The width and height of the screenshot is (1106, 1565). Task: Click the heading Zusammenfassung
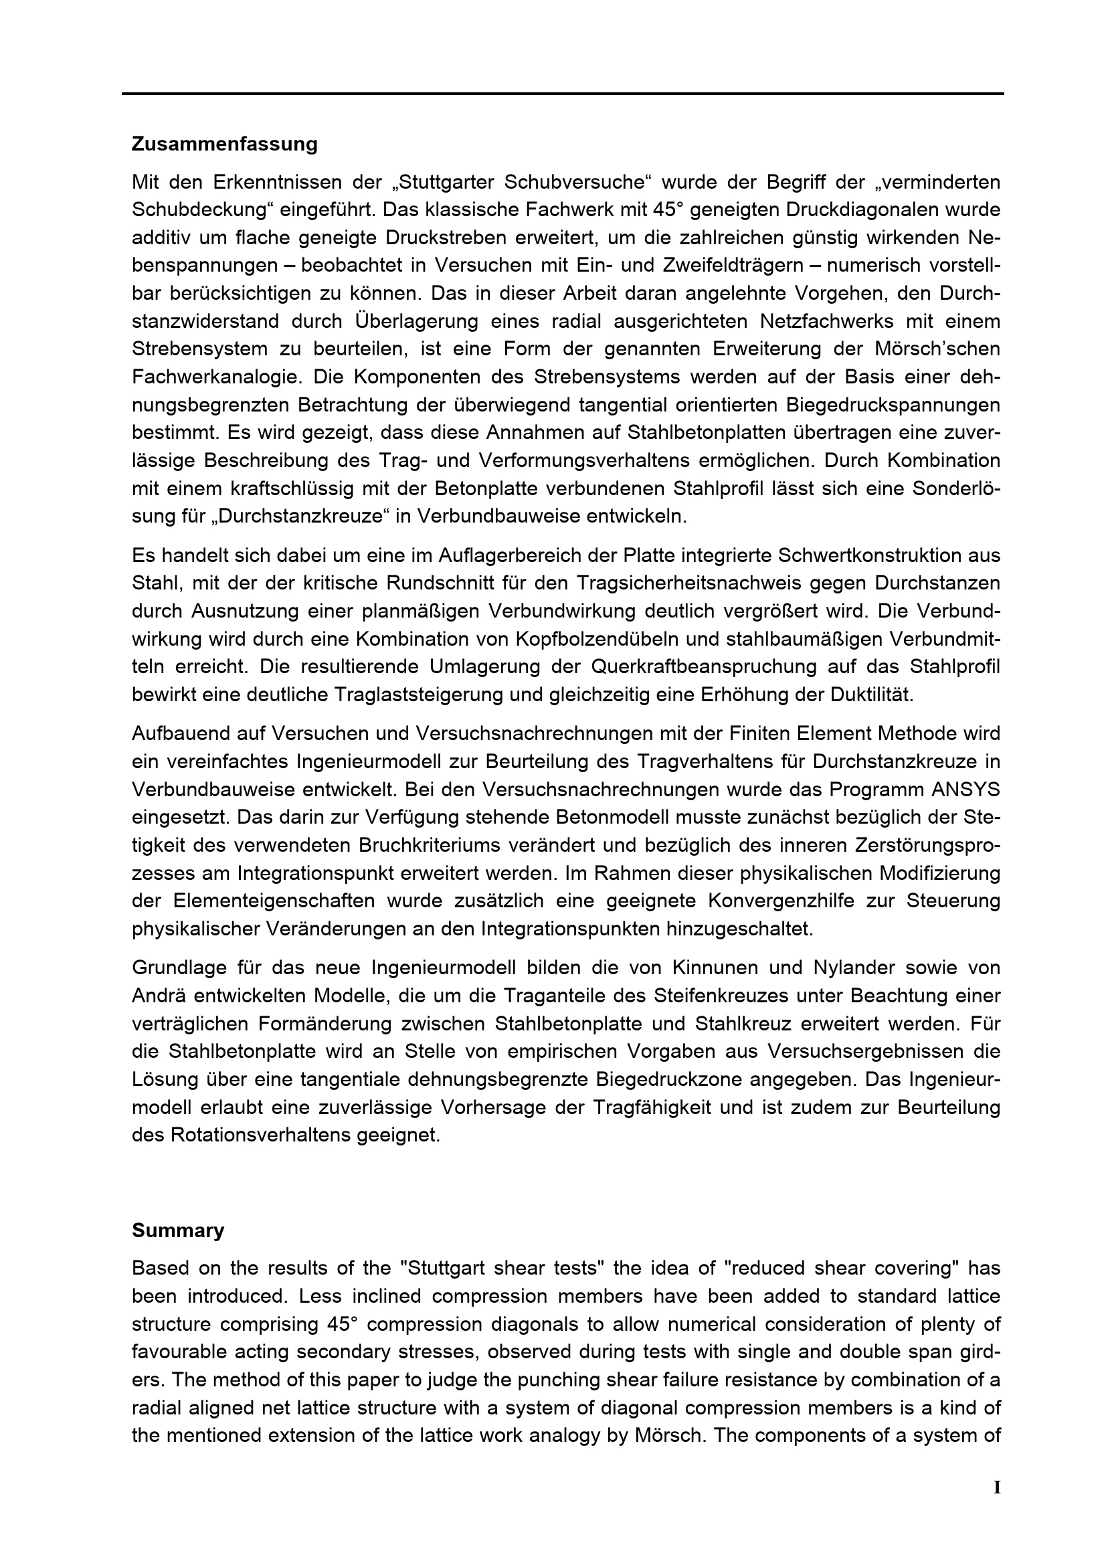[x=224, y=145]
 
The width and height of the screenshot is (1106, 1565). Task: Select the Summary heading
[x=178, y=1230]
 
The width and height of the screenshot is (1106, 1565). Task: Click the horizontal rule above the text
[x=562, y=94]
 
